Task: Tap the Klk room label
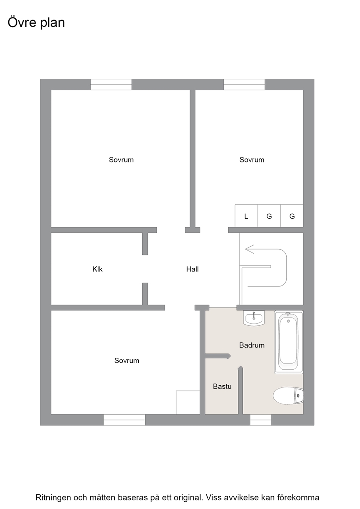98,269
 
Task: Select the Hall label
192,269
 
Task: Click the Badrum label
252,345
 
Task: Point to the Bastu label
222,386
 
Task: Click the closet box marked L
246,216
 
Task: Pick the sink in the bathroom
254,318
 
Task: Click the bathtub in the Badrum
289,342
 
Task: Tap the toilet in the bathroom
288,396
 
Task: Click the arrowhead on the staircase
249,249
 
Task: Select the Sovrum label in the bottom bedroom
127,360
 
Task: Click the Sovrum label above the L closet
252,160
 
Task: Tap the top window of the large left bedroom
111,85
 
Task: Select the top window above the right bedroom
244,85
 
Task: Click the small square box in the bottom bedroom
188,402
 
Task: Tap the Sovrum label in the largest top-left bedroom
121,160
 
